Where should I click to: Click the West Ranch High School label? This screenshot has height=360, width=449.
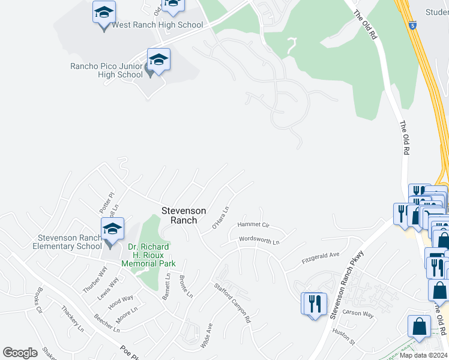(157, 25)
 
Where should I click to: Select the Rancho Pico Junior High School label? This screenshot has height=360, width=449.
(106, 70)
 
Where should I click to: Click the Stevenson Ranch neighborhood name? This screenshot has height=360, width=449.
(184, 215)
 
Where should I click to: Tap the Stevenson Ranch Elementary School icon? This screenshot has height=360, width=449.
(112, 229)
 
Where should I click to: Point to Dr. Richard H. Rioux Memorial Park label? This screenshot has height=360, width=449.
(148, 255)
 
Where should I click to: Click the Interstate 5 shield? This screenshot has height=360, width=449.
(412, 26)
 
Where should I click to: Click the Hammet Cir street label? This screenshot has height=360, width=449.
(253, 224)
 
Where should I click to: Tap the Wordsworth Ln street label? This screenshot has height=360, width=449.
(259, 240)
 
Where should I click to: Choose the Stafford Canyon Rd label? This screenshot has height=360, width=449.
(232, 303)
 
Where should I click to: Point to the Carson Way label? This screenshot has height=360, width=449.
(358, 313)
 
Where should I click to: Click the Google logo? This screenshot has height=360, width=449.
(20, 353)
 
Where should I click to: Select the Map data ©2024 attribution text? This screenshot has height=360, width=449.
(424, 355)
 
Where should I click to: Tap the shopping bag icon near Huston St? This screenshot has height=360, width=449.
(418, 327)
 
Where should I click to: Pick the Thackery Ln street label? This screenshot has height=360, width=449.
(73, 319)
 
